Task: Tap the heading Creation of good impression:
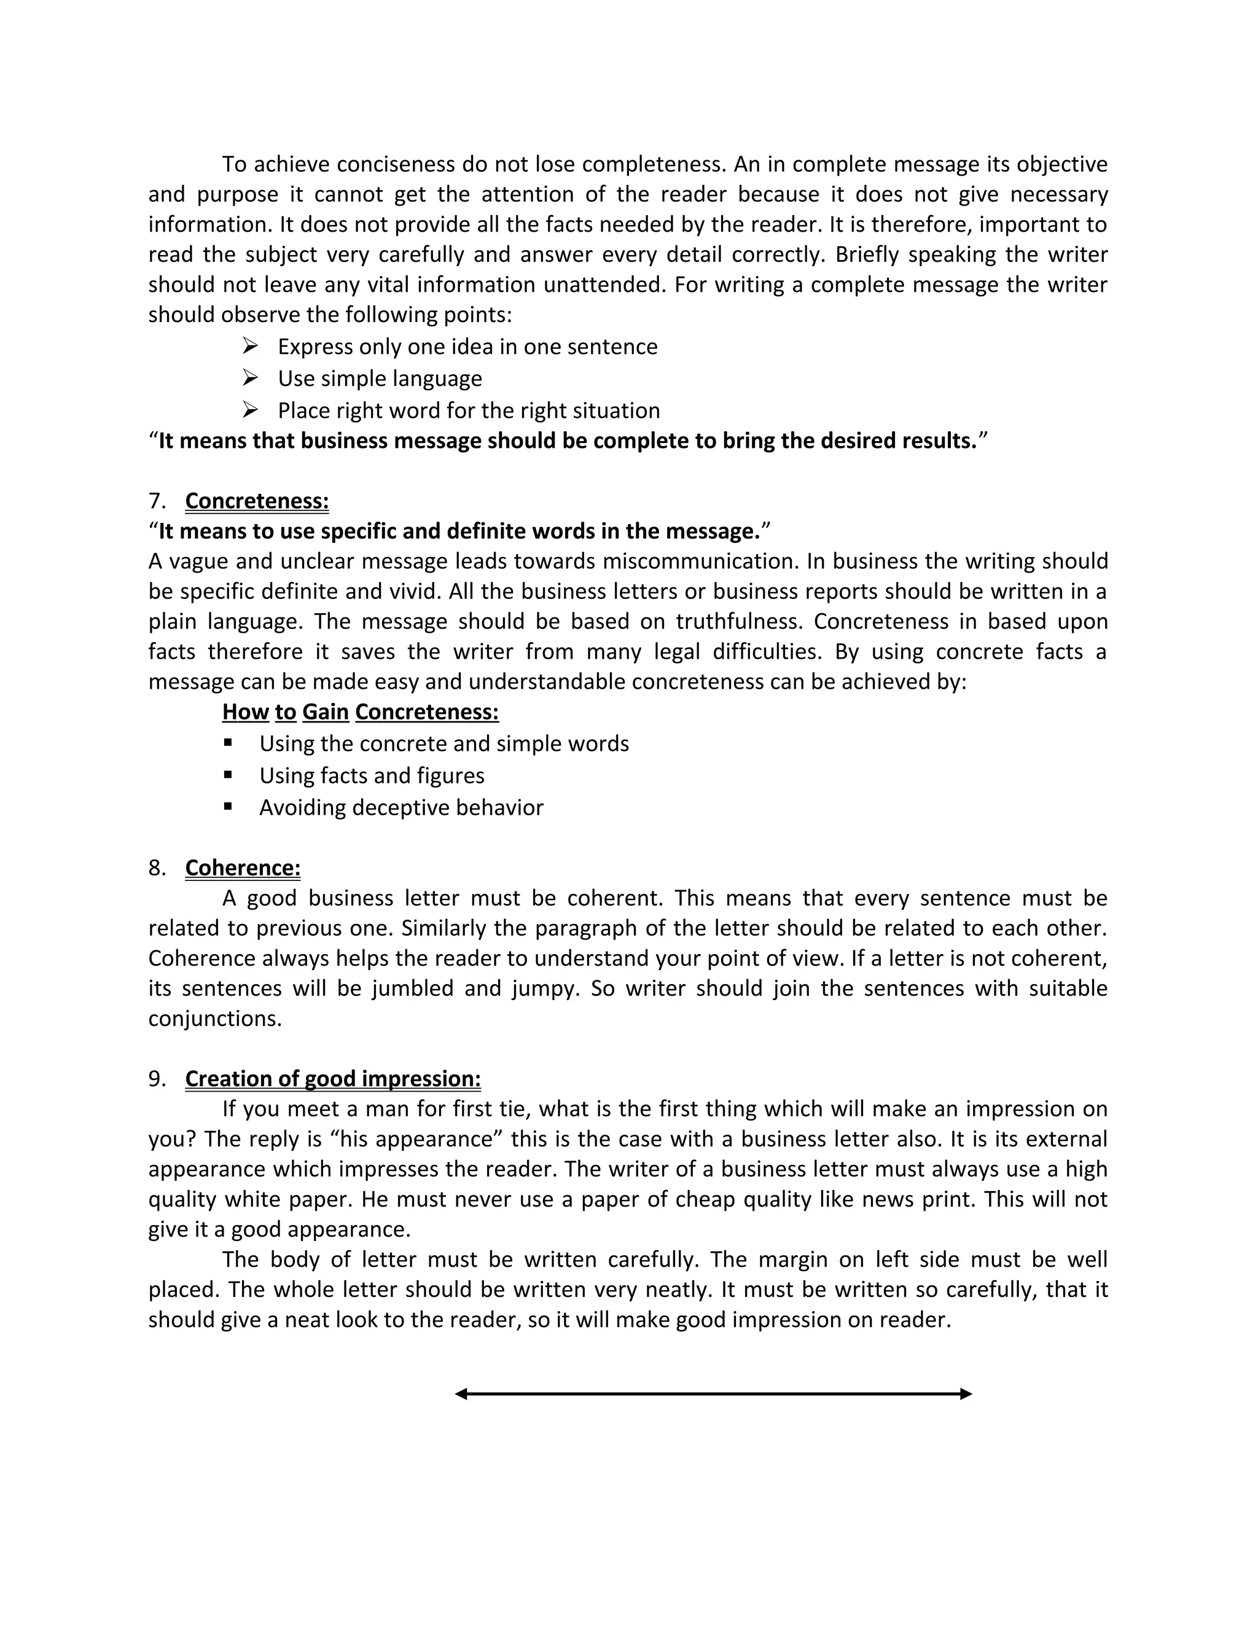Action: (x=332, y=1079)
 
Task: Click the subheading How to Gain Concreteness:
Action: (x=360, y=712)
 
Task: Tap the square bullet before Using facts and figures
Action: (x=228, y=775)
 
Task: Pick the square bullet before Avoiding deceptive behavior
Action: (x=228, y=807)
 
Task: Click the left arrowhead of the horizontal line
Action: (x=461, y=1394)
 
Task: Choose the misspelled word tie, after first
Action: (x=514, y=1109)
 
